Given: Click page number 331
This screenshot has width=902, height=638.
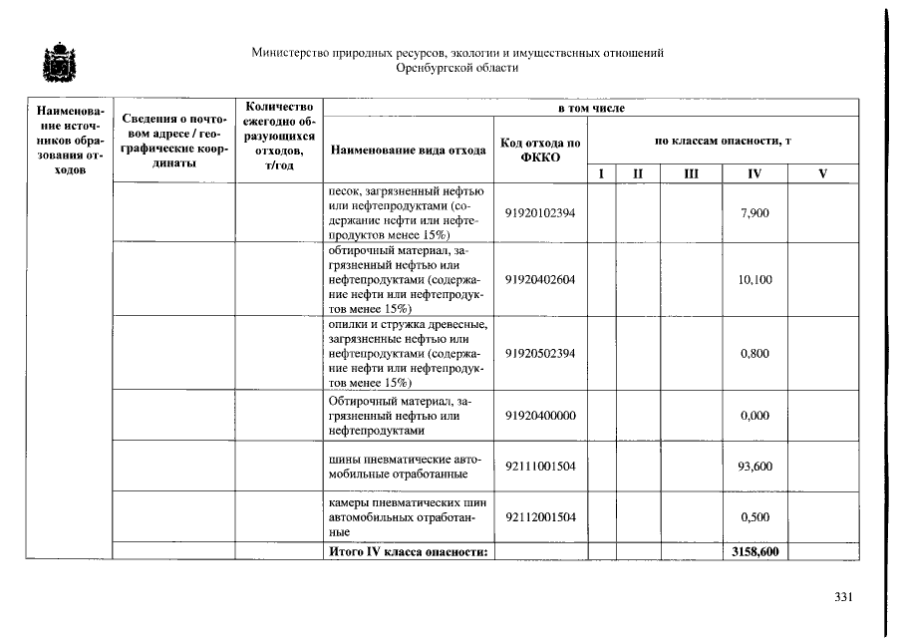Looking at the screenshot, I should (843, 597).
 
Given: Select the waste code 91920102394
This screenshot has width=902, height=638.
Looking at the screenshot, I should (540, 213).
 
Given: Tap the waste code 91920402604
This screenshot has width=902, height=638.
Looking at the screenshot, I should (540, 280).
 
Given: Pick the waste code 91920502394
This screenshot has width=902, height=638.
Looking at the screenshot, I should (540, 353).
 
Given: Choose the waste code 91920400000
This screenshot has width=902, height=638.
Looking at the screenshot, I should (540, 416).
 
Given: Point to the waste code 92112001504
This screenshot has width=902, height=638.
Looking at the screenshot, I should (540, 516).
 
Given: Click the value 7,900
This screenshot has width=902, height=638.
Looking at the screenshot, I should (754, 213).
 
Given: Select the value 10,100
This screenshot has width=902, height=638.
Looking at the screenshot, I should (754, 280).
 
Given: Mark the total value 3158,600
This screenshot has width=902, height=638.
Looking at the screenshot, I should (754, 550).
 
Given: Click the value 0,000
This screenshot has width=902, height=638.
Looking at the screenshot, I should (754, 416).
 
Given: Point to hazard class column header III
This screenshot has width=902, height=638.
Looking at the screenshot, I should (691, 174).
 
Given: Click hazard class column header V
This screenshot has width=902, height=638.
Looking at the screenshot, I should (822, 174).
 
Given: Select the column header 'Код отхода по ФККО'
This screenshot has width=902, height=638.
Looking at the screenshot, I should (540, 150).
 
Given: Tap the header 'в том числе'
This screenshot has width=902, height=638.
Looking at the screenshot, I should (591, 107).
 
